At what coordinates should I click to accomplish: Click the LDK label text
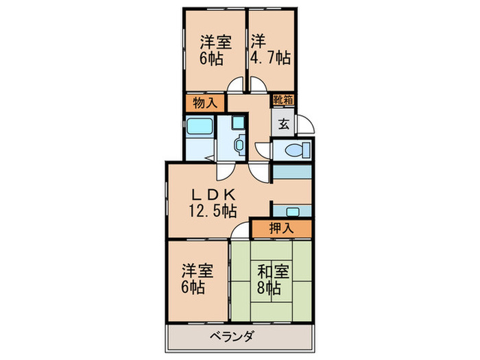(213, 193)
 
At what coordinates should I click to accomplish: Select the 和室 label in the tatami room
(272, 269)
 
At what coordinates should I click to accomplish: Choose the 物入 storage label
(204, 104)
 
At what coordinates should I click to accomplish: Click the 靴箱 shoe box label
(284, 100)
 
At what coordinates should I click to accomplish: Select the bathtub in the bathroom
(199, 128)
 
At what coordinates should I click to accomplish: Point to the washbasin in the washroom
(237, 145)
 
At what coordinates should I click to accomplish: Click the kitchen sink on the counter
(291, 211)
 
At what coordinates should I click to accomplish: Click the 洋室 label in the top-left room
(215, 40)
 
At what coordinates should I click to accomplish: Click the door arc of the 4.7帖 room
(257, 86)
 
